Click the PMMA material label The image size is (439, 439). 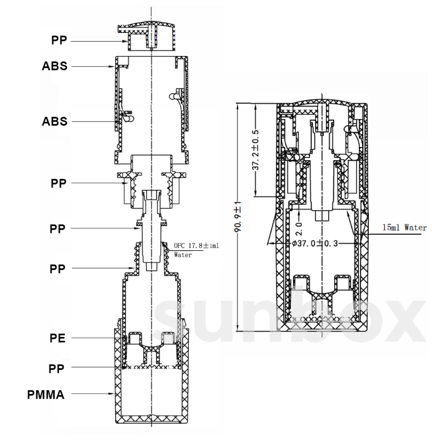pos(46,395)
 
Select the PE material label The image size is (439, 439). pos(58,338)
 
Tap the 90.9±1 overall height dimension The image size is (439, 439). pos(238,217)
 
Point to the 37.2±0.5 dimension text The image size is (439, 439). pos(256,150)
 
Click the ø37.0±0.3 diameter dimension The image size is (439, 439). pos(315,244)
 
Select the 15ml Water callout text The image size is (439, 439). pos(404,227)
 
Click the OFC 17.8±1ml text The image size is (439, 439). pos(196,245)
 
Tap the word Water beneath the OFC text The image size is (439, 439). pos(183,255)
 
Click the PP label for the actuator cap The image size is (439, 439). pos(59,41)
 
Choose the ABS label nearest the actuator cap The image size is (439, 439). pos(55,66)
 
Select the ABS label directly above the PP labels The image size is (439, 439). pos(55,121)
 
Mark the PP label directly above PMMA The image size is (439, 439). pos(56,369)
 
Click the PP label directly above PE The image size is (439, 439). pos(58,269)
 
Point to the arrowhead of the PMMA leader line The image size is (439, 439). pos(112,393)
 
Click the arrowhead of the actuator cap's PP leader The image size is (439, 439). pos(125,41)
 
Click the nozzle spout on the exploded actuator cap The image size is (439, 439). pos(123,29)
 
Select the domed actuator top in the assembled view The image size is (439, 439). pos(322,103)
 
